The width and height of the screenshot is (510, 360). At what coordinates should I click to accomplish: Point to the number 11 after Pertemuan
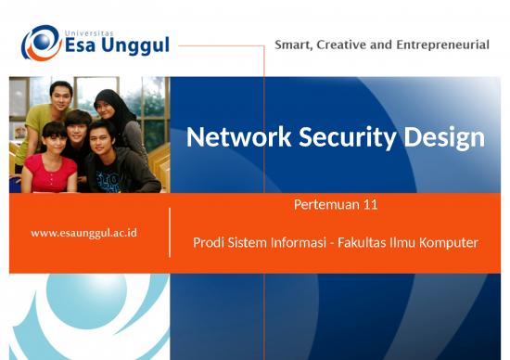(370, 204)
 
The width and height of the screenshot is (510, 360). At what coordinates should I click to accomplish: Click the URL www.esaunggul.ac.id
(83, 232)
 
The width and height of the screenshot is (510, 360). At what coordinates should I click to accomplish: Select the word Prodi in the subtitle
(209, 243)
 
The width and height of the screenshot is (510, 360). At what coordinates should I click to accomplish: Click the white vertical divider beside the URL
(170, 232)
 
